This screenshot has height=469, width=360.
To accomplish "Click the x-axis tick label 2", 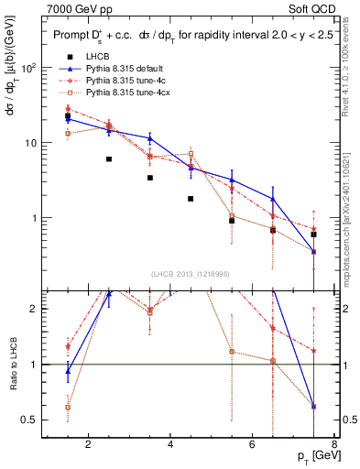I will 88,446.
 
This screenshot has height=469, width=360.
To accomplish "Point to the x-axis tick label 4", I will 171,446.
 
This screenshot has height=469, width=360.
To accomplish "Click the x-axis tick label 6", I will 254,446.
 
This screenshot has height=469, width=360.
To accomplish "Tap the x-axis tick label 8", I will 336,446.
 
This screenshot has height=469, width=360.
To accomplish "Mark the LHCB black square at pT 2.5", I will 109,158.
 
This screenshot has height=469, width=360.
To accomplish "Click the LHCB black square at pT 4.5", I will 191,198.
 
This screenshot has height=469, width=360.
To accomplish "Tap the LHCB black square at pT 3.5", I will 150,178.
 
